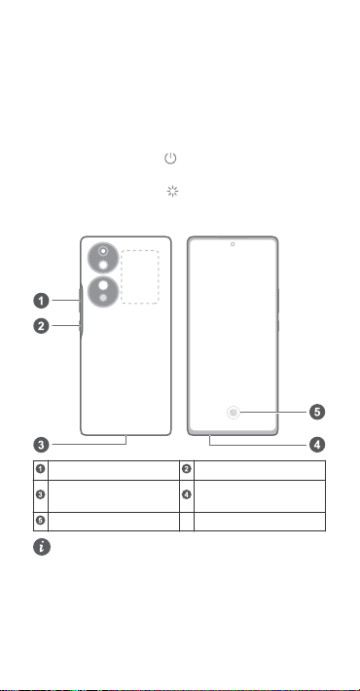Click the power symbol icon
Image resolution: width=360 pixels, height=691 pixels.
tap(170, 159)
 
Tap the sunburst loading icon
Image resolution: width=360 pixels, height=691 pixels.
tap(172, 192)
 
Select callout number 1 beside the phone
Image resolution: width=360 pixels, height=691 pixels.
tap(42, 301)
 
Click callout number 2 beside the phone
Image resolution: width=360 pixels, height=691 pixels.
tap(42, 326)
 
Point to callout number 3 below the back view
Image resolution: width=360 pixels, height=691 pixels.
tap(42, 445)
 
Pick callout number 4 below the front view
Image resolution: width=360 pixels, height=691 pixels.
tap(317, 445)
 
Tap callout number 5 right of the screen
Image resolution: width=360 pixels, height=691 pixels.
tap(317, 412)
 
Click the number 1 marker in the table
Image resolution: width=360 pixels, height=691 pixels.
tap(41, 469)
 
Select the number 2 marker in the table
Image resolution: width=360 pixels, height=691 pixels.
tap(187, 469)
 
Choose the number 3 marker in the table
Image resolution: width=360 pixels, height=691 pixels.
tap(41, 494)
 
